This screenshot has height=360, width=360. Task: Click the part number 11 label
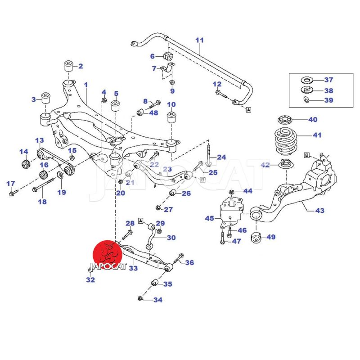point(200,40)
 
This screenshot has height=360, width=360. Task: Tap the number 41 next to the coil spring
point(318,135)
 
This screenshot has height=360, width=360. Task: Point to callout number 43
point(320,210)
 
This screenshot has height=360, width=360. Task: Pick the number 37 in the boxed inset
point(328,80)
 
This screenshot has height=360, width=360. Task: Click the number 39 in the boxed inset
point(328,100)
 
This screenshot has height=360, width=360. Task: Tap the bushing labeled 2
point(69,66)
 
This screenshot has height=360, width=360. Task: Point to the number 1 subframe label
point(86,85)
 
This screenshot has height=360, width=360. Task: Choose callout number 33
point(133,269)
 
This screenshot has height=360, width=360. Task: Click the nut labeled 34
point(140,298)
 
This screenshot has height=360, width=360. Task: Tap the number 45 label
point(210,219)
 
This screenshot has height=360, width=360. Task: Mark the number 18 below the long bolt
point(42,202)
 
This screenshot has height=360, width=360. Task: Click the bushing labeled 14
point(26,162)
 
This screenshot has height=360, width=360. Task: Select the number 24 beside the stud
point(221,157)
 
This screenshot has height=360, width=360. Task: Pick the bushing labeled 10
point(171,117)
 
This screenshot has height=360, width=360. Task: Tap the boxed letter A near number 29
point(140,221)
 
